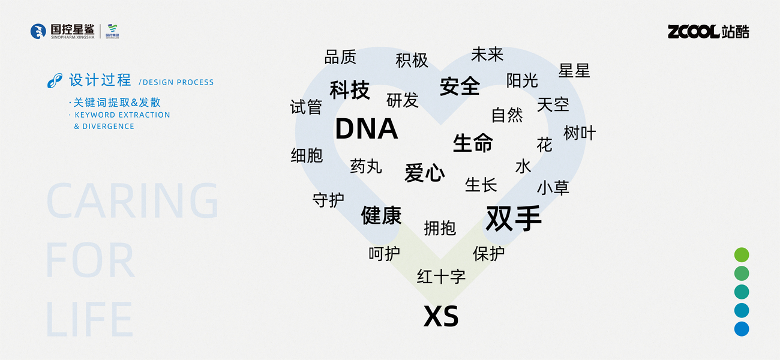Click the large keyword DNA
pyautogui.click(x=366, y=129)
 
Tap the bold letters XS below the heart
pyautogui.click(x=441, y=317)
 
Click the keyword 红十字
pyautogui.click(x=441, y=277)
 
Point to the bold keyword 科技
pyautogui.click(x=350, y=90)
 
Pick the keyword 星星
pyautogui.click(x=574, y=71)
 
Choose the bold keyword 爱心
pyautogui.click(x=425, y=173)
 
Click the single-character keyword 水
pyautogui.click(x=523, y=166)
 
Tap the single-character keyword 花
pyautogui.click(x=544, y=145)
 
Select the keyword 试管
pyautogui.click(x=306, y=107)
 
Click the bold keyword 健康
pyautogui.click(x=381, y=215)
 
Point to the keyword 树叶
pyautogui.click(x=580, y=133)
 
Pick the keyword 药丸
pyautogui.click(x=366, y=166)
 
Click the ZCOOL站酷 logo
pyautogui.click(x=708, y=32)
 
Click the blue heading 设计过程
pyautogui.click(x=100, y=80)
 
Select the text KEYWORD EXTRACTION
pyautogui.click(x=122, y=115)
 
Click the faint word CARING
pyautogui.click(x=133, y=200)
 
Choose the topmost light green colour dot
pyautogui.click(x=742, y=255)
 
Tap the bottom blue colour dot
pyautogui.click(x=742, y=329)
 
